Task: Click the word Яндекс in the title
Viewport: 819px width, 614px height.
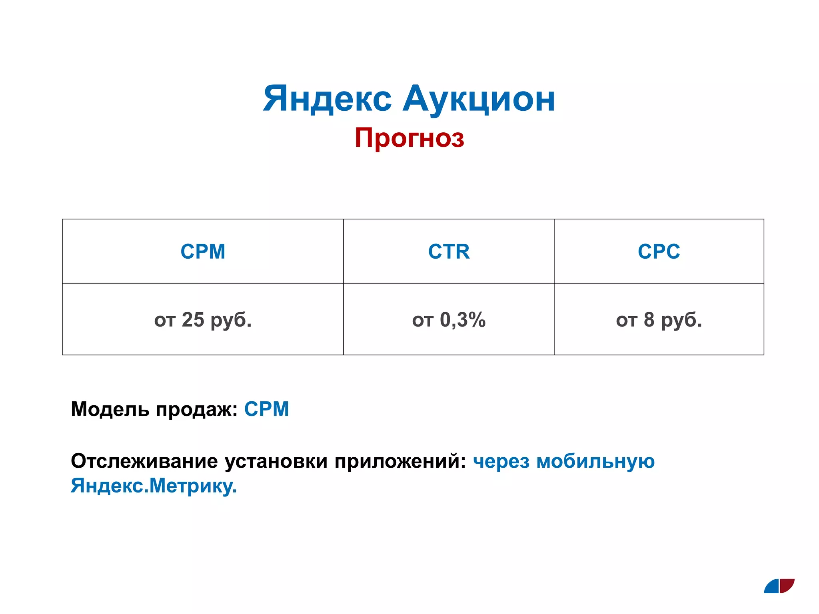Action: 327,99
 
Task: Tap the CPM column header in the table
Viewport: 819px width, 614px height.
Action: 203,251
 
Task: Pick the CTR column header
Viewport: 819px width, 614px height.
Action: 449,251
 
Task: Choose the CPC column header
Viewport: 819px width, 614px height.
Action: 659,251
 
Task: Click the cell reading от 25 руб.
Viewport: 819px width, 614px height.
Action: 203,320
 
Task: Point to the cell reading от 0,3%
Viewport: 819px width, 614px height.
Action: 449,320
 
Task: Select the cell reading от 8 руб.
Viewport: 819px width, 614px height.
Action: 659,320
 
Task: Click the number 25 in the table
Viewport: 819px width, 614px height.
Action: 193,320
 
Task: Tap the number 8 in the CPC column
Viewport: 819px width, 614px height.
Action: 649,320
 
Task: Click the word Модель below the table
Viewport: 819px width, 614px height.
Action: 110,409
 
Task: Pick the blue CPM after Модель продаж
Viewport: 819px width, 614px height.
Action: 266,409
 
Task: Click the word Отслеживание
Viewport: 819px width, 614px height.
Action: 144,461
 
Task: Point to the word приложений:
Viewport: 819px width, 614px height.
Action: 400,462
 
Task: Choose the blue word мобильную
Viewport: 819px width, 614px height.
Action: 595,462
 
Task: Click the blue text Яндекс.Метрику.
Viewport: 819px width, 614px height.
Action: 154,486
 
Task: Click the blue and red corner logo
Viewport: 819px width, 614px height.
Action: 779,586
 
